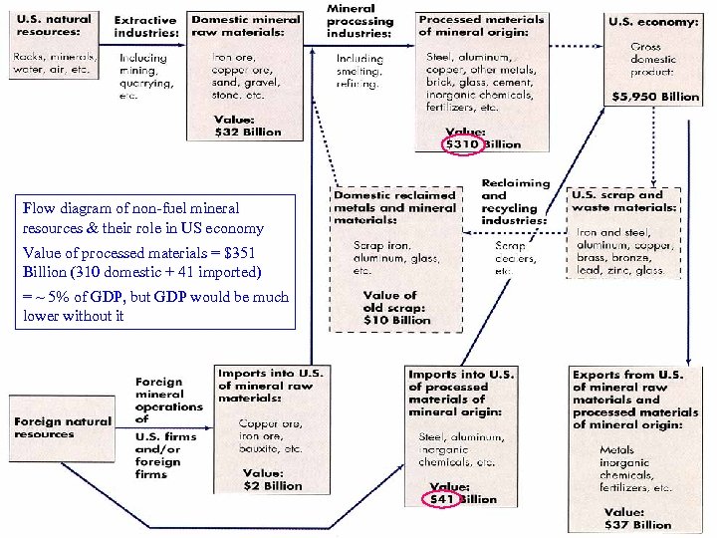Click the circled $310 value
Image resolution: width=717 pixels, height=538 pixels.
click(x=462, y=144)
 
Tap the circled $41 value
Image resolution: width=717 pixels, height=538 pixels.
click(x=441, y=498)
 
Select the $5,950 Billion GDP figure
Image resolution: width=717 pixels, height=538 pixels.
click(x=652, y=97)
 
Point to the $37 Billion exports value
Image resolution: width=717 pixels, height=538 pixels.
click(x=637, y=524)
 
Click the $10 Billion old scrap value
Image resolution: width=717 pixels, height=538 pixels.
click(x=395, y=320)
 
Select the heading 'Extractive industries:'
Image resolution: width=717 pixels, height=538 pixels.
click(x=145, y=27)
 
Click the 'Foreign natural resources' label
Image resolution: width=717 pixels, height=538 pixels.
click(x=62, y=427)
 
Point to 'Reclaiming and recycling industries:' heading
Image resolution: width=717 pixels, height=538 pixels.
click(x=514, y=201)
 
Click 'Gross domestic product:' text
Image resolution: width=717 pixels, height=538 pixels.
click(x=652, y=59)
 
